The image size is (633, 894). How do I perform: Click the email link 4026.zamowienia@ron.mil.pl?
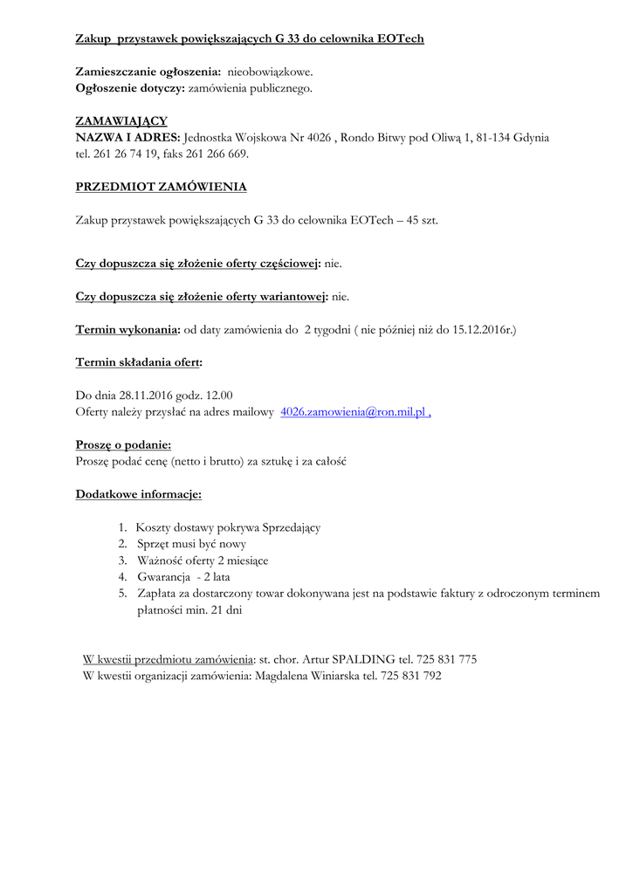(353, 412)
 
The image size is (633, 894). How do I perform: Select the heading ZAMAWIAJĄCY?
(121, 121)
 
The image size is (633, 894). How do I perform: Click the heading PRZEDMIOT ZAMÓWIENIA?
(161, 187)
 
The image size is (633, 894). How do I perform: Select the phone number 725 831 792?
(409, 676)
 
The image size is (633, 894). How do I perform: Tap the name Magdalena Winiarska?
(306, 676)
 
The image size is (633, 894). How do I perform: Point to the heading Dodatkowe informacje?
(139, 494)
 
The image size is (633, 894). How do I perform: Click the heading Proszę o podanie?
(123, 445)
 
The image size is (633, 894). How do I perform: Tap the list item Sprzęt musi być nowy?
(191, 544)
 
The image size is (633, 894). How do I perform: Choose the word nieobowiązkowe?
(270, 72)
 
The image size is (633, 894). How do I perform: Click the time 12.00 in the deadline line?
(219, 395)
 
